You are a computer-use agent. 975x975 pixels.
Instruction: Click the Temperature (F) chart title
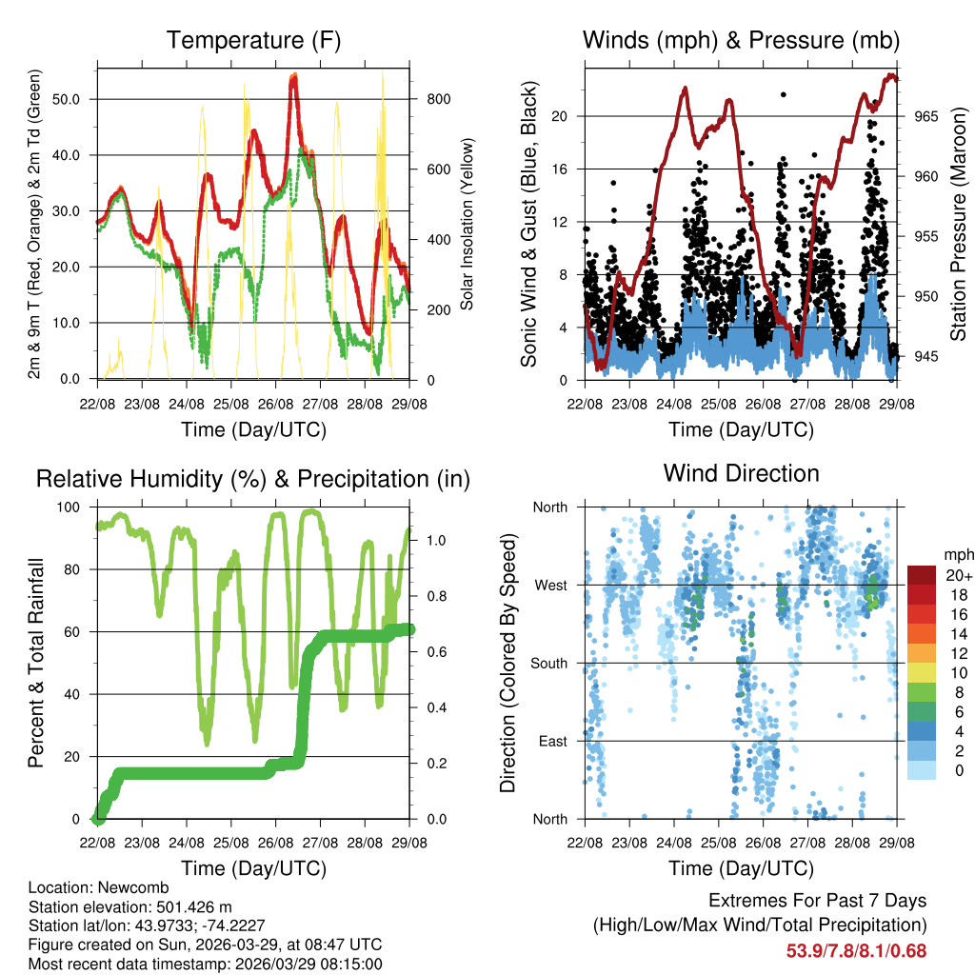pyautogui.click(x=252, y=41)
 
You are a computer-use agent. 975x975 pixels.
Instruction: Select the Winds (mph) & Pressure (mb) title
pyautogui.click(x=741, y=41)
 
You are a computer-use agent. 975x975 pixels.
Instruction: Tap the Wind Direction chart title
pyautogui.click(x=741, y=473)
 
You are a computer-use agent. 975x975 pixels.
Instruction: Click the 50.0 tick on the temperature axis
pyautogui.click(x=75, y=99)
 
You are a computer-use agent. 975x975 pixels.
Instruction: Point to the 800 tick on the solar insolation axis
pyautogui.click(x=430, y=99)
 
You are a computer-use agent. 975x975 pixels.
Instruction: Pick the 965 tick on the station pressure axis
pyautogui.click(x=926, y=116)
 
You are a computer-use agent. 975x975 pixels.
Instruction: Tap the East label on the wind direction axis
pyautogui.click(x=551, y=741)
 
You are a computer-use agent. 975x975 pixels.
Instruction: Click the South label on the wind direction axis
pyautogui.click(x=548, y=663)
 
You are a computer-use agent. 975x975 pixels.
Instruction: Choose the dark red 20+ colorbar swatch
pyautogui.click(x=921, y=575)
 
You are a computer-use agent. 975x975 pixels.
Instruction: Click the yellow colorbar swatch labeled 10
pyautogui.click(x=921, y=672)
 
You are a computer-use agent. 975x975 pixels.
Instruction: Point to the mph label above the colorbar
pyautogui.click(x=957, y=554)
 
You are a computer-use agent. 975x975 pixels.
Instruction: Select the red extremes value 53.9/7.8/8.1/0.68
pyautogui.click(x=856, y=950)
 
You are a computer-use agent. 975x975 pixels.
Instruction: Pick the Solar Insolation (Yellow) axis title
pyautogui.click(x=468, y=225)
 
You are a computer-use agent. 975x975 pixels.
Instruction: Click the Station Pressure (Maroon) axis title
pyautogui.click(x=959, y=225)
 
